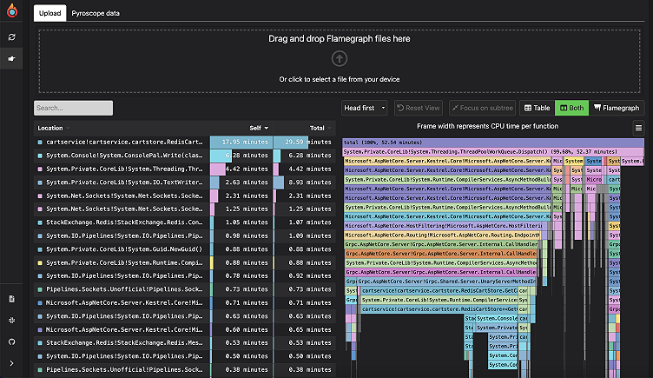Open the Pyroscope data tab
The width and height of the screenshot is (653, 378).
tap(96, 14)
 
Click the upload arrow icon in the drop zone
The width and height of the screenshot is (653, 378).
tap(340, 58)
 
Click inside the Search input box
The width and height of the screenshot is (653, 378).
tap(73, 108)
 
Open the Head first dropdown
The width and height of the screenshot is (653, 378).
tap(365, 108)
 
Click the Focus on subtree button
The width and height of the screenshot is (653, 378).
tap(481, 108)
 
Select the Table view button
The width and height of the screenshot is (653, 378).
tap(536, 108)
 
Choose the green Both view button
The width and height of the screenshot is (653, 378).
tap(571, 108)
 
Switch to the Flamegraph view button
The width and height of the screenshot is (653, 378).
tap(616, 108)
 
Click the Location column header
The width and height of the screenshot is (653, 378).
tap(50, 128)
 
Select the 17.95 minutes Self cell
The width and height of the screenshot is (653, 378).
tap(242, 142)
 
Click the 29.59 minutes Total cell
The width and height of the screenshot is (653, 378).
tap(303, 142)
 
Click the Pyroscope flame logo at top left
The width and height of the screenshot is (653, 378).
tap(12, 13)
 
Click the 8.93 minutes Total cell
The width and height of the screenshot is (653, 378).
tap(303, 182)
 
